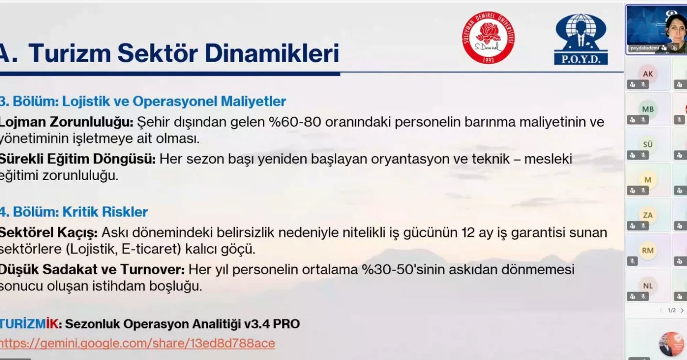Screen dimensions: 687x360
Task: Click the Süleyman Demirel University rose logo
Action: click(x=488, y=37)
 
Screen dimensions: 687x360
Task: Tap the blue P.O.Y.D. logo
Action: click(x=580, y=39)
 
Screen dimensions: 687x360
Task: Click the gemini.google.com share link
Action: click(x=137, y=343)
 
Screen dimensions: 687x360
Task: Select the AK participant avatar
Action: click(x=648, y=74)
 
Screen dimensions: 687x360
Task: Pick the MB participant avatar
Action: click(x=648, y=109)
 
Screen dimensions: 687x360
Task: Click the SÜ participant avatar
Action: click(x=648, y=144)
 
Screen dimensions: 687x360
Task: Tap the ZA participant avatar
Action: click(x=648, y=215)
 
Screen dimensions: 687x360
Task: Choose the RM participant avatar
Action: click(x=648, y=251)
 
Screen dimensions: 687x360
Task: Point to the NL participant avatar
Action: click(x=648, y=286)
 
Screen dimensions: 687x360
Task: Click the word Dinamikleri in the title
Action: click(x=272, y=53)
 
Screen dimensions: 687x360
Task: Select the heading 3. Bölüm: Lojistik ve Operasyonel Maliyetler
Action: click(x=143, y=101)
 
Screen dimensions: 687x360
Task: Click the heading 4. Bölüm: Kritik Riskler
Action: click(x=74, y=212)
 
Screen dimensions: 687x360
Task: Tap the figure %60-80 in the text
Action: click(x=295, y=122)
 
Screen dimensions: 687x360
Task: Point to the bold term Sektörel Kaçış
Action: click(x=48, y=233)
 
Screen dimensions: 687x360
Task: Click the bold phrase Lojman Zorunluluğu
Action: click(x=66, y=122)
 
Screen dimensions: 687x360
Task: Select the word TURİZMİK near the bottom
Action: click(x=29, y=324)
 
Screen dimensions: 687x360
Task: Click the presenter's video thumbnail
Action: click(x=656, y=30)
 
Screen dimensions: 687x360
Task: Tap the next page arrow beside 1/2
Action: click(x=682, y=311)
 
